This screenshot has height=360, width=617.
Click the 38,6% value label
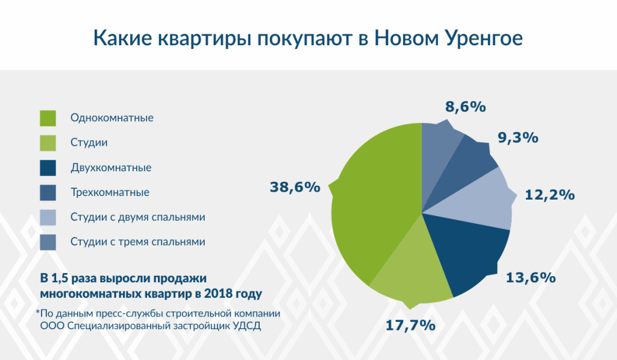pos(295,187)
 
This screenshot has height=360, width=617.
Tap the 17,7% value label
pos(410,325)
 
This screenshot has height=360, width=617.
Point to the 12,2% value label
pos(550,195)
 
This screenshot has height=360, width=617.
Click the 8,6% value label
pos(465,107)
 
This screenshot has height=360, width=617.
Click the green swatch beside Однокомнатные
pos(48,118)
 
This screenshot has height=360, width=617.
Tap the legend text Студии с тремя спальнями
pos(138,242)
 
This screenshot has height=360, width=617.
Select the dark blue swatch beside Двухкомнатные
pos(48,168)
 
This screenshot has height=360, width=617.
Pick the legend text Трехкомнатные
pos(110,192)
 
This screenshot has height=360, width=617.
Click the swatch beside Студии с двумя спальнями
pos(48,217)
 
